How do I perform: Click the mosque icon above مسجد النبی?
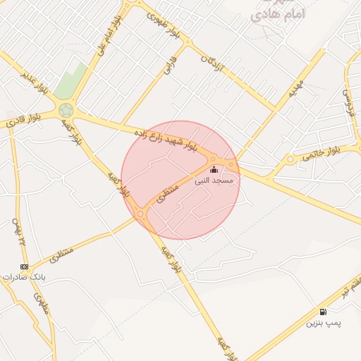pos(214,170)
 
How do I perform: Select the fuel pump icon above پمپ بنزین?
pos(323,312)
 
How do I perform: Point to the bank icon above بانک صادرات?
pos(25,267)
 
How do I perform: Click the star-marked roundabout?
pos(66,110)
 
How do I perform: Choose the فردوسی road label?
pos(348,102)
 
